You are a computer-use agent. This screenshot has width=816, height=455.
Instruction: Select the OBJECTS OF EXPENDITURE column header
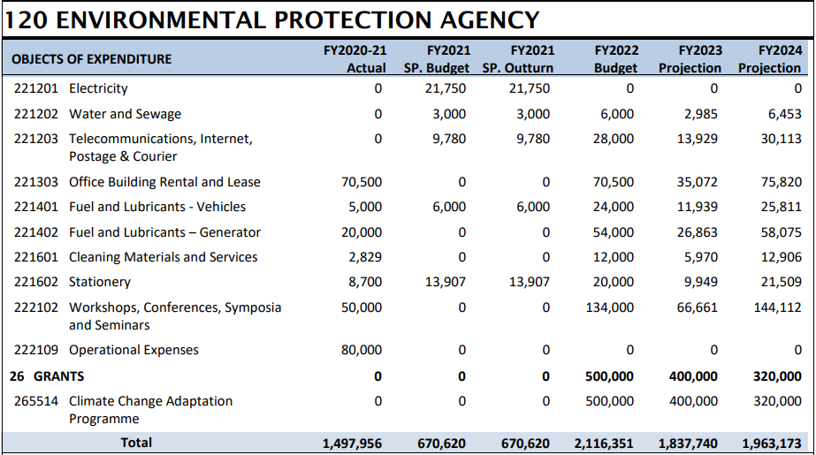(92, 59)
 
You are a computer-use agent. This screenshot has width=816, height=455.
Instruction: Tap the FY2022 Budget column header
(615, 59)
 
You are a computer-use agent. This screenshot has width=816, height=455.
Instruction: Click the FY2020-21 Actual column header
(355, 59)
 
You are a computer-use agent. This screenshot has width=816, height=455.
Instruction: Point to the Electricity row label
(98, 88)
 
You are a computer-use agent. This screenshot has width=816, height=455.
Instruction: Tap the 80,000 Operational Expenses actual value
(362, 350)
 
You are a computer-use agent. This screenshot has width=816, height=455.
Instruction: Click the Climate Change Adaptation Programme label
(150, 409)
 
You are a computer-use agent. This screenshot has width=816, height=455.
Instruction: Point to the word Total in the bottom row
(136, 443)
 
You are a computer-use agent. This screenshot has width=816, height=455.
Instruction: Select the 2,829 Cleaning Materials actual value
(367, 257)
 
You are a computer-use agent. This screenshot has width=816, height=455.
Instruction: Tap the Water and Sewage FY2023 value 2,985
(701, 114)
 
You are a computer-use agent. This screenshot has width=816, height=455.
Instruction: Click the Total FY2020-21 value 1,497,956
(353, 444)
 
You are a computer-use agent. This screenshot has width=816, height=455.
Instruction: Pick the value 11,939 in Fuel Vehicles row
(698, 207)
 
